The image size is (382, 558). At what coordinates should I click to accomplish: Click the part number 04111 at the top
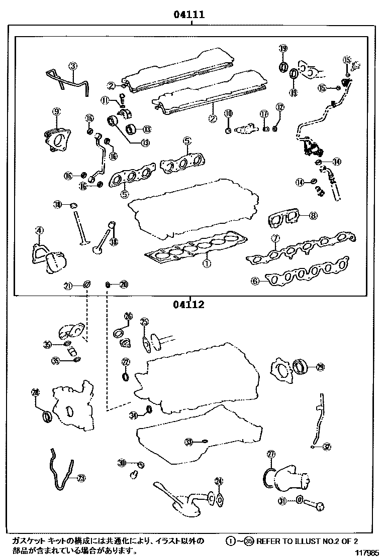click(189, 15)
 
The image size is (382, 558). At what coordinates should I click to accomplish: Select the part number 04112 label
click(189, 305)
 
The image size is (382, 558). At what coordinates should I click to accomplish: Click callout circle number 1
click(206, 262)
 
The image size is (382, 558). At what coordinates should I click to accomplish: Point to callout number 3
click(73, 66)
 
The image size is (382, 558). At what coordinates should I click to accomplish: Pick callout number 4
click(39, 230)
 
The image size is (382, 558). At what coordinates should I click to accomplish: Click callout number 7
click(275, 238)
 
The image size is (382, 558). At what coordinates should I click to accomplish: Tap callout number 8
click(313, 216)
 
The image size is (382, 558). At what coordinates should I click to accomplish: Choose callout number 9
click(56, 111)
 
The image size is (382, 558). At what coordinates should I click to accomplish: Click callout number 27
click(271, 455)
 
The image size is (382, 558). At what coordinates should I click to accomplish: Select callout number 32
click(327, 446)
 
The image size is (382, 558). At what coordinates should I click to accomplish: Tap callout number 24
click(218, 481)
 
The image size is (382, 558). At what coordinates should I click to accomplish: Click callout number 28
click(35, 392)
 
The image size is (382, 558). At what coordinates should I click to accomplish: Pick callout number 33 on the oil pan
click(188, 442)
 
